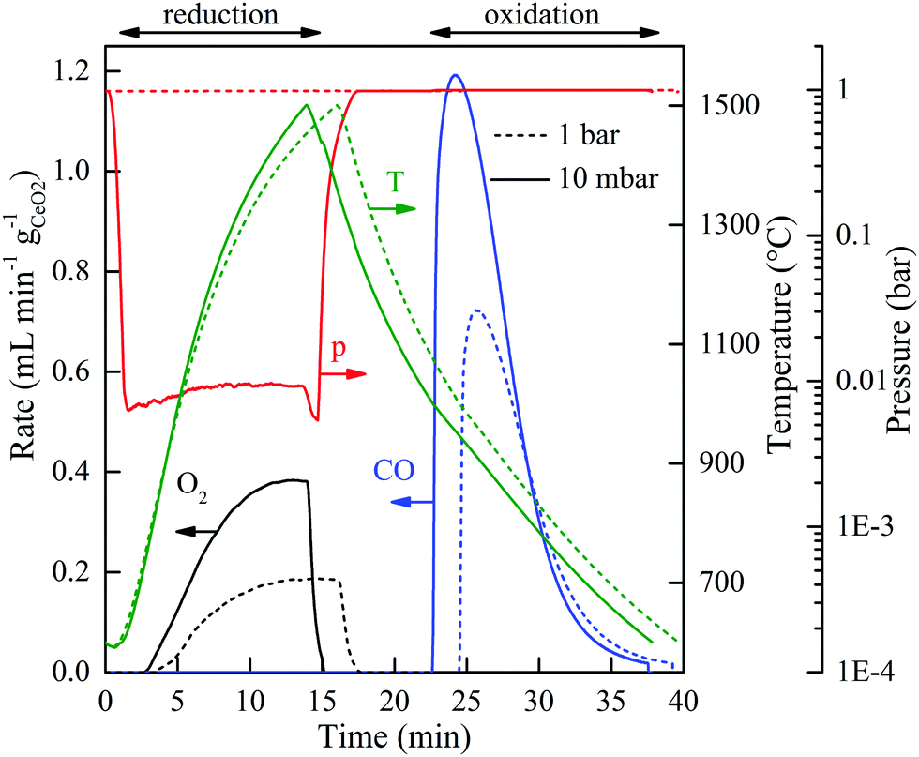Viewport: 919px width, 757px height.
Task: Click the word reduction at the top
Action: coord(220,14)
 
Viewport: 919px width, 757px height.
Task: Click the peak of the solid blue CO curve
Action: coord(455,75)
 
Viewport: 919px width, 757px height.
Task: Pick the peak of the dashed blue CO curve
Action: coord(477,310)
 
